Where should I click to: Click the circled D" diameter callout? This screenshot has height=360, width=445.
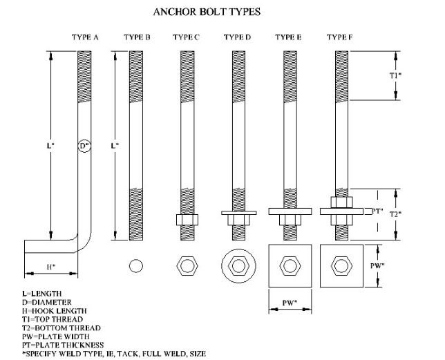coord(84,146)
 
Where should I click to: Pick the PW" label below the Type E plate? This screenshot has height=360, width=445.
coord(289,301)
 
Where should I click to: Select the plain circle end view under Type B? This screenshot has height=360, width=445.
coord(136,266)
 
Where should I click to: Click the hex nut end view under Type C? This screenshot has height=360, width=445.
coord(187,266)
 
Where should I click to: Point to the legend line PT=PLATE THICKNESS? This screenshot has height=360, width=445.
coord(62,344)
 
